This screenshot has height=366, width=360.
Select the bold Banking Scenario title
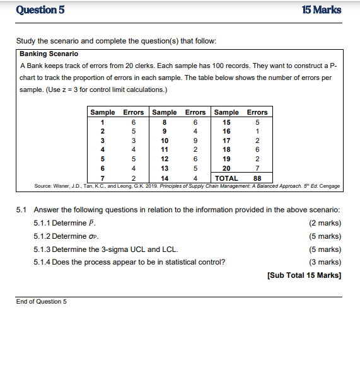49,54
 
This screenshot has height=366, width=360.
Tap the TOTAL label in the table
226,178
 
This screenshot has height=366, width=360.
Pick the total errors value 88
257,178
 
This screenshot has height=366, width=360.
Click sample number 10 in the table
165,140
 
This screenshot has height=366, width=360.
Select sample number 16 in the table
226,131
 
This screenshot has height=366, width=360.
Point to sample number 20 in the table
226,169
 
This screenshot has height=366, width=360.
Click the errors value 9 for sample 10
195,140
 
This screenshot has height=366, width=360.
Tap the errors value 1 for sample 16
257,131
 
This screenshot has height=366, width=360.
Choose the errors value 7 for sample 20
257,169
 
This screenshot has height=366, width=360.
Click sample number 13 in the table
165,169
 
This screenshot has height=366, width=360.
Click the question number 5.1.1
42,223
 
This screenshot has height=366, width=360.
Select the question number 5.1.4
42,262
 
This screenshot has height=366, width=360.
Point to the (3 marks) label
325,262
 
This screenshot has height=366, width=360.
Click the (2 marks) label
325,223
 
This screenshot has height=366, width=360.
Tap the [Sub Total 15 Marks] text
304,275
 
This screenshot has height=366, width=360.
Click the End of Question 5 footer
41,302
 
